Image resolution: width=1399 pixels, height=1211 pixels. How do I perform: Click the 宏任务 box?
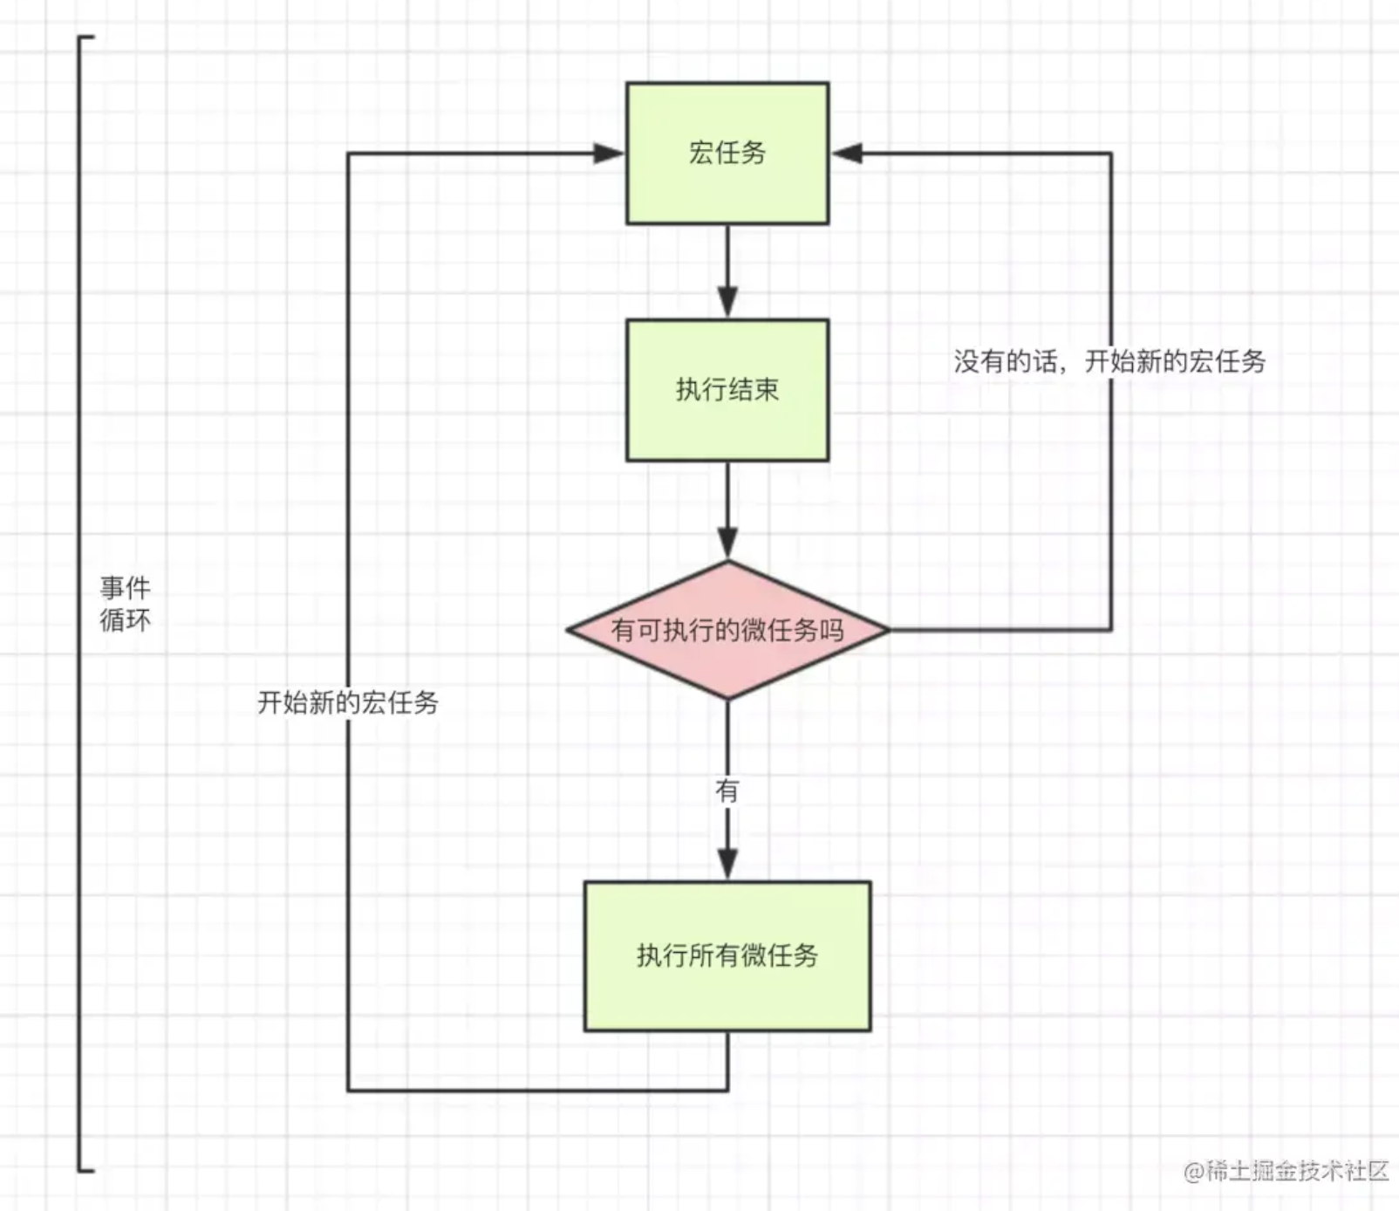[727, 154]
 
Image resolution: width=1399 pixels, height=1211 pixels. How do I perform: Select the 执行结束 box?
[727, 390]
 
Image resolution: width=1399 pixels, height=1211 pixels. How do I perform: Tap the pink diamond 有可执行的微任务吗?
[727, 630]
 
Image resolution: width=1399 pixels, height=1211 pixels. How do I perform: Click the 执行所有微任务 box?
[727, 955]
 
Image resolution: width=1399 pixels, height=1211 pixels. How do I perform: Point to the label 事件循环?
[125, 604]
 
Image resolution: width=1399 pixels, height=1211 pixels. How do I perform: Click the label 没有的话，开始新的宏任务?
[1109, 361]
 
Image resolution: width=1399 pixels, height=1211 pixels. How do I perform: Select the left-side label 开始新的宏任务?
[347, 702]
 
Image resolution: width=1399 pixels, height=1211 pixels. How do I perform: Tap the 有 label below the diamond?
[727, 790]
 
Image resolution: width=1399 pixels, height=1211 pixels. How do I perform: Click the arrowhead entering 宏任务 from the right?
[847, 154]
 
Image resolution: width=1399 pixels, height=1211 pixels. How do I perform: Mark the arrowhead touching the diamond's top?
[727, 543]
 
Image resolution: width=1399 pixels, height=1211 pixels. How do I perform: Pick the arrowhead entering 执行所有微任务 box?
[727, 864]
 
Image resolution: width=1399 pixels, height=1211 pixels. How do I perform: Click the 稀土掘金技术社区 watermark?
[1298, 1171]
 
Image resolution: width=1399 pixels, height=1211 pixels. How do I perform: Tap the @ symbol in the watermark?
[1193, 1172]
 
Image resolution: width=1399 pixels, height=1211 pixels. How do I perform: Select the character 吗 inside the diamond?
[831, 630]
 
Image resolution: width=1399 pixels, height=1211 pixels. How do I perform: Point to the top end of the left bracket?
[86, 38]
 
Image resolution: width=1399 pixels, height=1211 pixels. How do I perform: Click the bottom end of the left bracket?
[86, 1169]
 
